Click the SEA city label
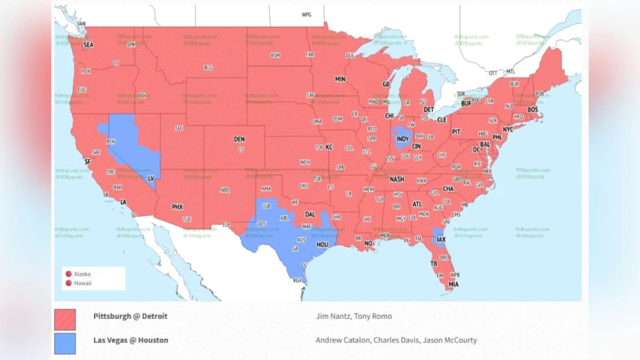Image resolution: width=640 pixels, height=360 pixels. (x=88, y=45)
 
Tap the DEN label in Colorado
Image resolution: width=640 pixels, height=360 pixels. (x=239, y=139)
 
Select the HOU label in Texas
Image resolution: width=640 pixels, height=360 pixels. (x=322, y=244)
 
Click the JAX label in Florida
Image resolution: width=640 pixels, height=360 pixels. (x=441, y=240)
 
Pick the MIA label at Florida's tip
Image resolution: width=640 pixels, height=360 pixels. (x=454, y=284)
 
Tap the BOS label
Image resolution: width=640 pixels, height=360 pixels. (x=532, y=110)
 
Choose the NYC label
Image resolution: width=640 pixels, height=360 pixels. (x=508, y=130)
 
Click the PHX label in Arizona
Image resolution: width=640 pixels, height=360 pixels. (x=177, y=207)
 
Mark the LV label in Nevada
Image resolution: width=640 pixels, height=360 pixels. (x=150, y=178)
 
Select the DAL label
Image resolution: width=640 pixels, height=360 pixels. (x=309, y=214)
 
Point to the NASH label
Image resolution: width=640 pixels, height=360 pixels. (x=397, y=180)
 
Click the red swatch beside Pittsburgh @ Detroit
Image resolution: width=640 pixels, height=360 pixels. (x=65, y=320)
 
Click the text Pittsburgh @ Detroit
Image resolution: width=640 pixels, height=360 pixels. (x=130, y=316)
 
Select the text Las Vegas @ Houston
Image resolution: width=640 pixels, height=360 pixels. (x=131, y=339)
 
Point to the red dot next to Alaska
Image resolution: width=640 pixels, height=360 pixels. (x=68, y=274)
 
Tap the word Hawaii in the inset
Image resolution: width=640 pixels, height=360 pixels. (x=83, y=283)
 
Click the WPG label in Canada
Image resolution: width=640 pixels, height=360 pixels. (x=306, y=14)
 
